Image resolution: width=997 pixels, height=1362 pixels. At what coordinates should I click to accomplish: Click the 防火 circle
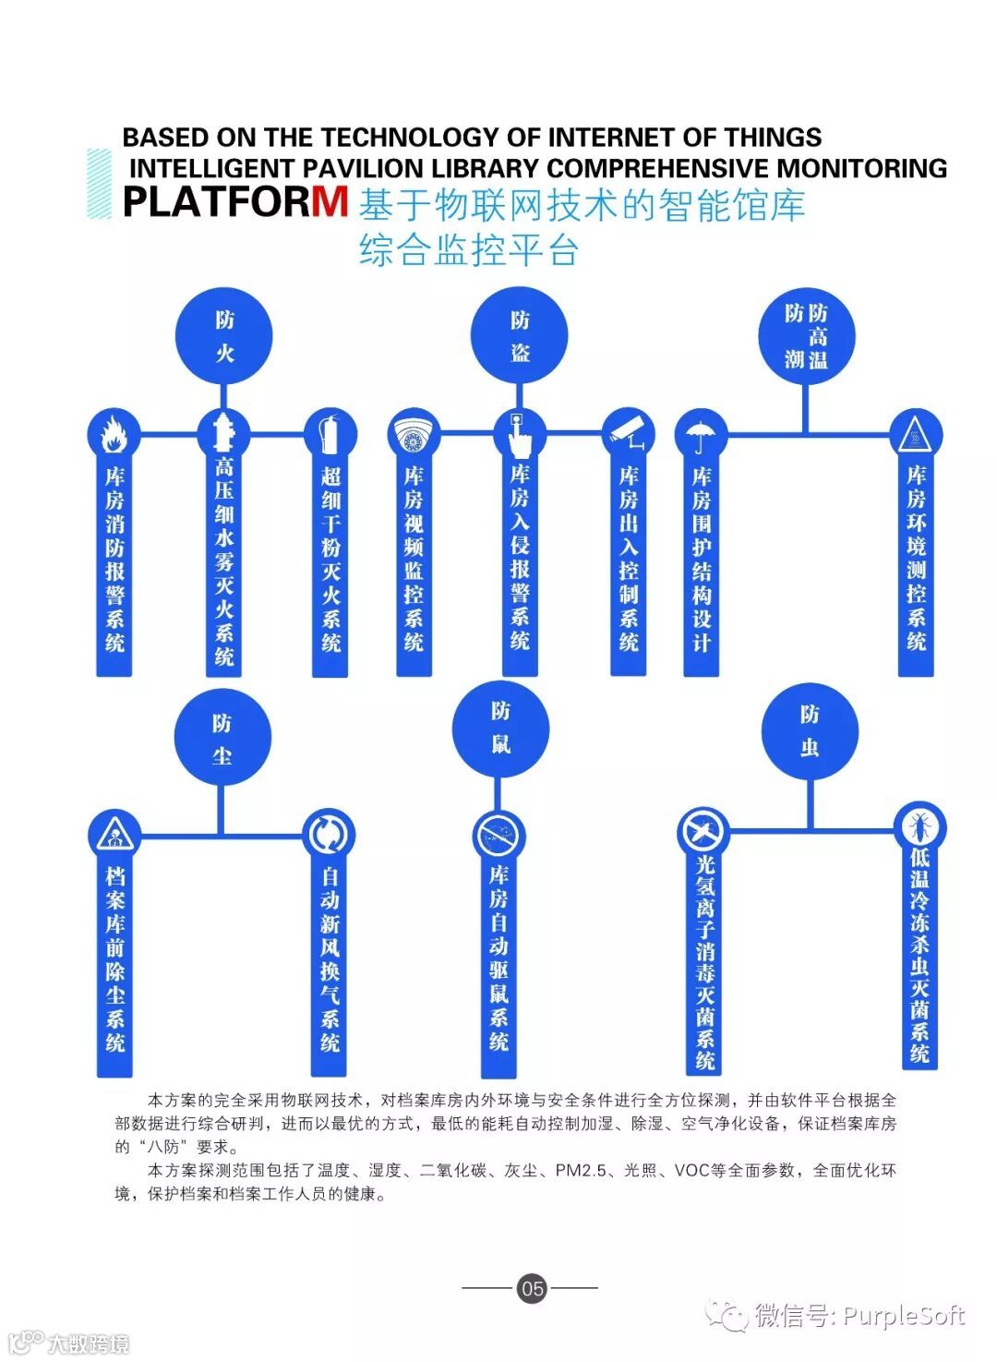224,335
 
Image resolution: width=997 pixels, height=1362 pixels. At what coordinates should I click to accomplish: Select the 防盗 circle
519,335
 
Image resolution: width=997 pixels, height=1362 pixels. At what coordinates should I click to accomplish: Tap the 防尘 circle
222,738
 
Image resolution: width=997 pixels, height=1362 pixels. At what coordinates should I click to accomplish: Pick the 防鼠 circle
499,728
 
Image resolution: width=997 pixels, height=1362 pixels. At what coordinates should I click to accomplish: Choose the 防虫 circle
810,731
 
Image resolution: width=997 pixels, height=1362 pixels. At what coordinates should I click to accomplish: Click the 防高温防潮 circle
806,335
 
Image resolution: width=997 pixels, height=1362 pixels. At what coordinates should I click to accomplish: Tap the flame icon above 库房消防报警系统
114,433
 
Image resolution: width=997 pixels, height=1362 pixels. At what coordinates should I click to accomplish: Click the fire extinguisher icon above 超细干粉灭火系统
330,433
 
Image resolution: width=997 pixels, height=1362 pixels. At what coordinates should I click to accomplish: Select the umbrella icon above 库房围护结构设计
701,435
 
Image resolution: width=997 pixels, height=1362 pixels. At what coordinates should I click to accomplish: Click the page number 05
532,1287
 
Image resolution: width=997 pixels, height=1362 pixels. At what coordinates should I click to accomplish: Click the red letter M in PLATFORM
330,201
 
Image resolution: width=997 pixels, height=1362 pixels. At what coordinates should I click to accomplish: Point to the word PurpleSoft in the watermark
904,1316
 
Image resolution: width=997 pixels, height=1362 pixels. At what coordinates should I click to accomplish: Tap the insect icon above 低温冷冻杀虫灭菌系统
920,826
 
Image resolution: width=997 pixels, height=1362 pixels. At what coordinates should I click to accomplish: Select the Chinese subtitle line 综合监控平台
469,251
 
